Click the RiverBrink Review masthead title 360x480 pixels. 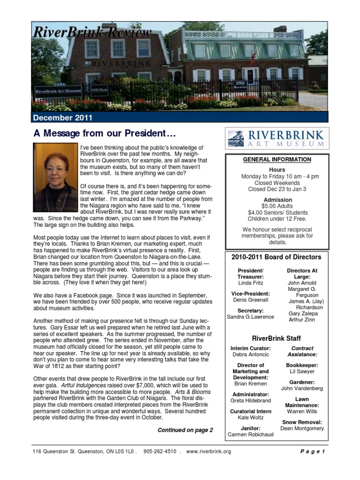pos(92,32)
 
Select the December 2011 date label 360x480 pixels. pos(63,118)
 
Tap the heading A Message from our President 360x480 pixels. pos(105,134)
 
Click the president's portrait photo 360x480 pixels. pos(55,178)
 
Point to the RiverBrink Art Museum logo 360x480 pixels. pos(277,138)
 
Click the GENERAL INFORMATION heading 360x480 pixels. pos(277,159)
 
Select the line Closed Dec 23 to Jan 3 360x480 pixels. pos(277,189)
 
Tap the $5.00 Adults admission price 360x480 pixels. pos(277,206)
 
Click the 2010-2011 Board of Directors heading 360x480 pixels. pos(277,257)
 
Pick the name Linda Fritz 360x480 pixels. pos(251,283)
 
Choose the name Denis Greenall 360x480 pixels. pos(251,300)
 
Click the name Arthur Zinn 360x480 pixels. pos(302,320)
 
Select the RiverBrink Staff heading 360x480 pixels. pos(277,338)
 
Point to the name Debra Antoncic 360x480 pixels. pos(251,355)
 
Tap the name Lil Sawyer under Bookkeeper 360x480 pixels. pos(302,371)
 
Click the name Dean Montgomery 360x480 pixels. pos(302,428)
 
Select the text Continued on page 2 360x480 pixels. pos(185,430)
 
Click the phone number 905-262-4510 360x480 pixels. pos(160,451)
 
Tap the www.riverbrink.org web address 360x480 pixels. pos(209,451)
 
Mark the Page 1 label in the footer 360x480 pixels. pos(312,451)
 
